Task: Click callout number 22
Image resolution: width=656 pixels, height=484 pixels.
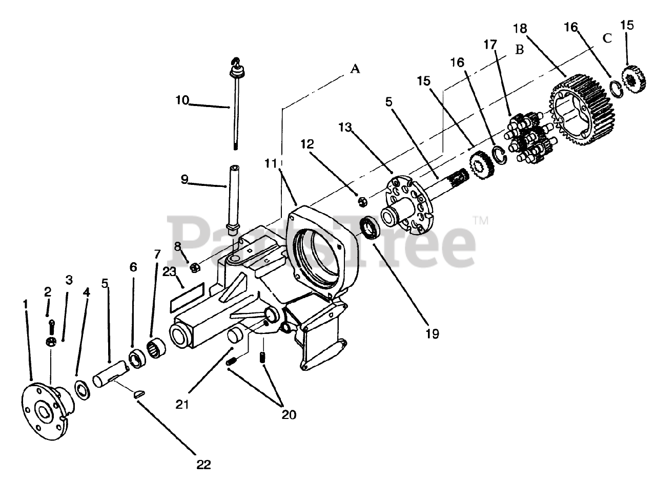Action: pyautogui.click(x=203, y=465)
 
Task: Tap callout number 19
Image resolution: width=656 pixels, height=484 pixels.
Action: pyautogui.click(x=432, y=333)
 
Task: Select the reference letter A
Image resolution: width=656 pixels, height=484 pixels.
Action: pyautogui.click(x=355, y=68)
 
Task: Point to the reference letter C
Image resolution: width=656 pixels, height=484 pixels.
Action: pyautogui.click(x=607, y=38)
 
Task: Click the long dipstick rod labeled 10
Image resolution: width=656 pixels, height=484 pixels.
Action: pyautogui.click(x=236, y=108)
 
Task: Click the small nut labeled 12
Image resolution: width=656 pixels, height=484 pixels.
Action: pyautogui.click(x=360, y=202)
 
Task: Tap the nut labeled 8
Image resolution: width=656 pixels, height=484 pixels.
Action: pyautogui.click(x=194, y=267)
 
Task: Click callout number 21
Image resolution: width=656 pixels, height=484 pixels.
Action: pyautogui.click(x=182, y=404)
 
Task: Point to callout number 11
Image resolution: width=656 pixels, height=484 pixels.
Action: pyautogui.click(x=271, y=163)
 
